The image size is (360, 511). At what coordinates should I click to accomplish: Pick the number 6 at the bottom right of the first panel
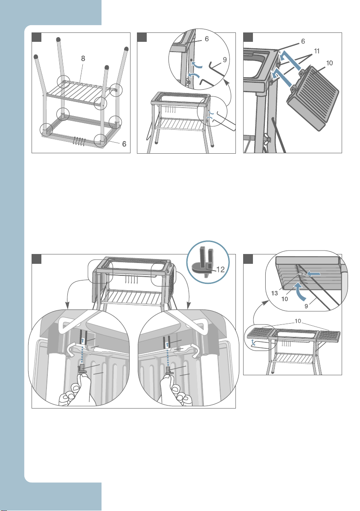click(x=124, y=144)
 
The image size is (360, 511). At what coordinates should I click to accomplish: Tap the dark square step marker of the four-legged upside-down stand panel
click(x=37, y=37)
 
